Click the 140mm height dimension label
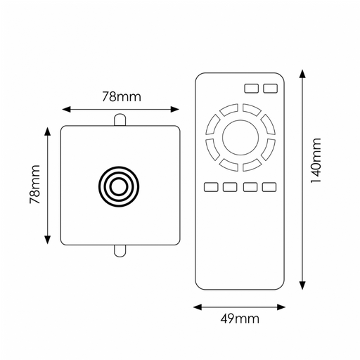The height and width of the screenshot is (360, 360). tap(316, 161)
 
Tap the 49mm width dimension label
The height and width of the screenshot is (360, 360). tap(240, 319)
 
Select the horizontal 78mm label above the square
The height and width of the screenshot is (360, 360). tap(122, 96)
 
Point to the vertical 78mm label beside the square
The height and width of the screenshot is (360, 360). tap(35, 184)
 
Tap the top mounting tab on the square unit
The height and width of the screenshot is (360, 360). tap(120, 120)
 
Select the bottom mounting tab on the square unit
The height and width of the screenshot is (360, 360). tap(120, 251)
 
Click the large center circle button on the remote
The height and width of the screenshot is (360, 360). tap(240, 137)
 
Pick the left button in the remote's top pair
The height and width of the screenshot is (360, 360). tap(252, 89)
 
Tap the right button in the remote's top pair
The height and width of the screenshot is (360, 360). tap(270, 89)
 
